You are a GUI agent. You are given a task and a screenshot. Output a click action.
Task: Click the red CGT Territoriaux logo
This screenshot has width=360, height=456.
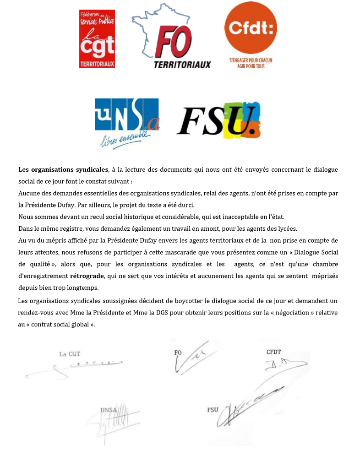pos(97,39)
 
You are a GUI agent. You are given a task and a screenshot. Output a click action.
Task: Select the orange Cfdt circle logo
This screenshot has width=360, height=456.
pos(251,29)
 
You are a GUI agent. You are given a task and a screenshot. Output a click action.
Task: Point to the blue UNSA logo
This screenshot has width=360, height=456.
pos(127,117)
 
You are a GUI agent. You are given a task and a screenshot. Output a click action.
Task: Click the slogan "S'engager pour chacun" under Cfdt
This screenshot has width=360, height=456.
pos(251,60)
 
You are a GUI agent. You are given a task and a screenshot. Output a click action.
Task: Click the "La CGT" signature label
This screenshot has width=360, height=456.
pos(70,354)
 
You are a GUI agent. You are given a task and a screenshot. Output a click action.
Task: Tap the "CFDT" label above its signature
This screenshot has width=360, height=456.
pos(273,353)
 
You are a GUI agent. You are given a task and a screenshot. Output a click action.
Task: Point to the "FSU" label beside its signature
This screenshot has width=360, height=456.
pos(213,409)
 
